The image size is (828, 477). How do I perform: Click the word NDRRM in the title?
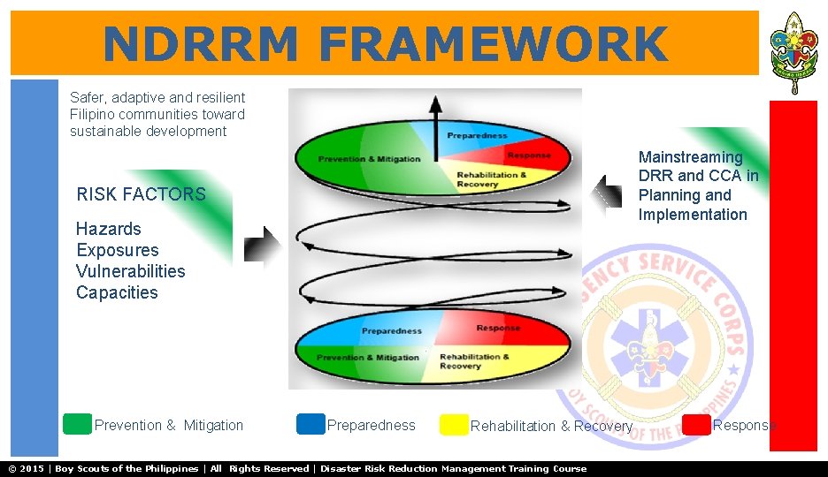[x=201, y=44]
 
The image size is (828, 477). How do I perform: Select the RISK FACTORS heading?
[x=141, y=194]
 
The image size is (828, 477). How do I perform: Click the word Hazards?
[x=109, y=229]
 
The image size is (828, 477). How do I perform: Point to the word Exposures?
[x=118, y=250]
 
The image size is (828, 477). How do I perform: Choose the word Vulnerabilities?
[x=130, y=271]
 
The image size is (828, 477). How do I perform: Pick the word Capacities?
[x=117, y=292]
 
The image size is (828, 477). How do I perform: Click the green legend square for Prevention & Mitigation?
[x=78, y=424]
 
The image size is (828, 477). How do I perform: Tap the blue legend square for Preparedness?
[x=310, y=424]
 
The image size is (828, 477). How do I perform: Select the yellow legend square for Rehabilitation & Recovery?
[x=454, y=425]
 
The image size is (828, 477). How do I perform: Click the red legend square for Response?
[x=697, y=425]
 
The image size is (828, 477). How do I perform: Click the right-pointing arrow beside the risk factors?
[x=261, y=246]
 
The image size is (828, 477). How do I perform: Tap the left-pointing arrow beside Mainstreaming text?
[x=607, y=193]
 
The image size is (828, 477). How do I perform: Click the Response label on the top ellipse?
[x=528, y=155]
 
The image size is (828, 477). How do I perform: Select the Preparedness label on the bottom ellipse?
[x=391, y=331]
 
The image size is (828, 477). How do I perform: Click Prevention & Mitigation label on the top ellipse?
[x=369, y=159]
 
